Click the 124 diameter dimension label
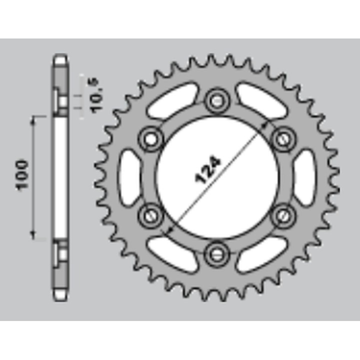(208, 170)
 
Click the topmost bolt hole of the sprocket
(217, 101)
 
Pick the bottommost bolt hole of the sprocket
(217, 254)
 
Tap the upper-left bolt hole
(151, 139)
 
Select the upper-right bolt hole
(283, 139)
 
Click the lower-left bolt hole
(151, 216)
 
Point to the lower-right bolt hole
(283, 216)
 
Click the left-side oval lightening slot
(129, 177)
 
